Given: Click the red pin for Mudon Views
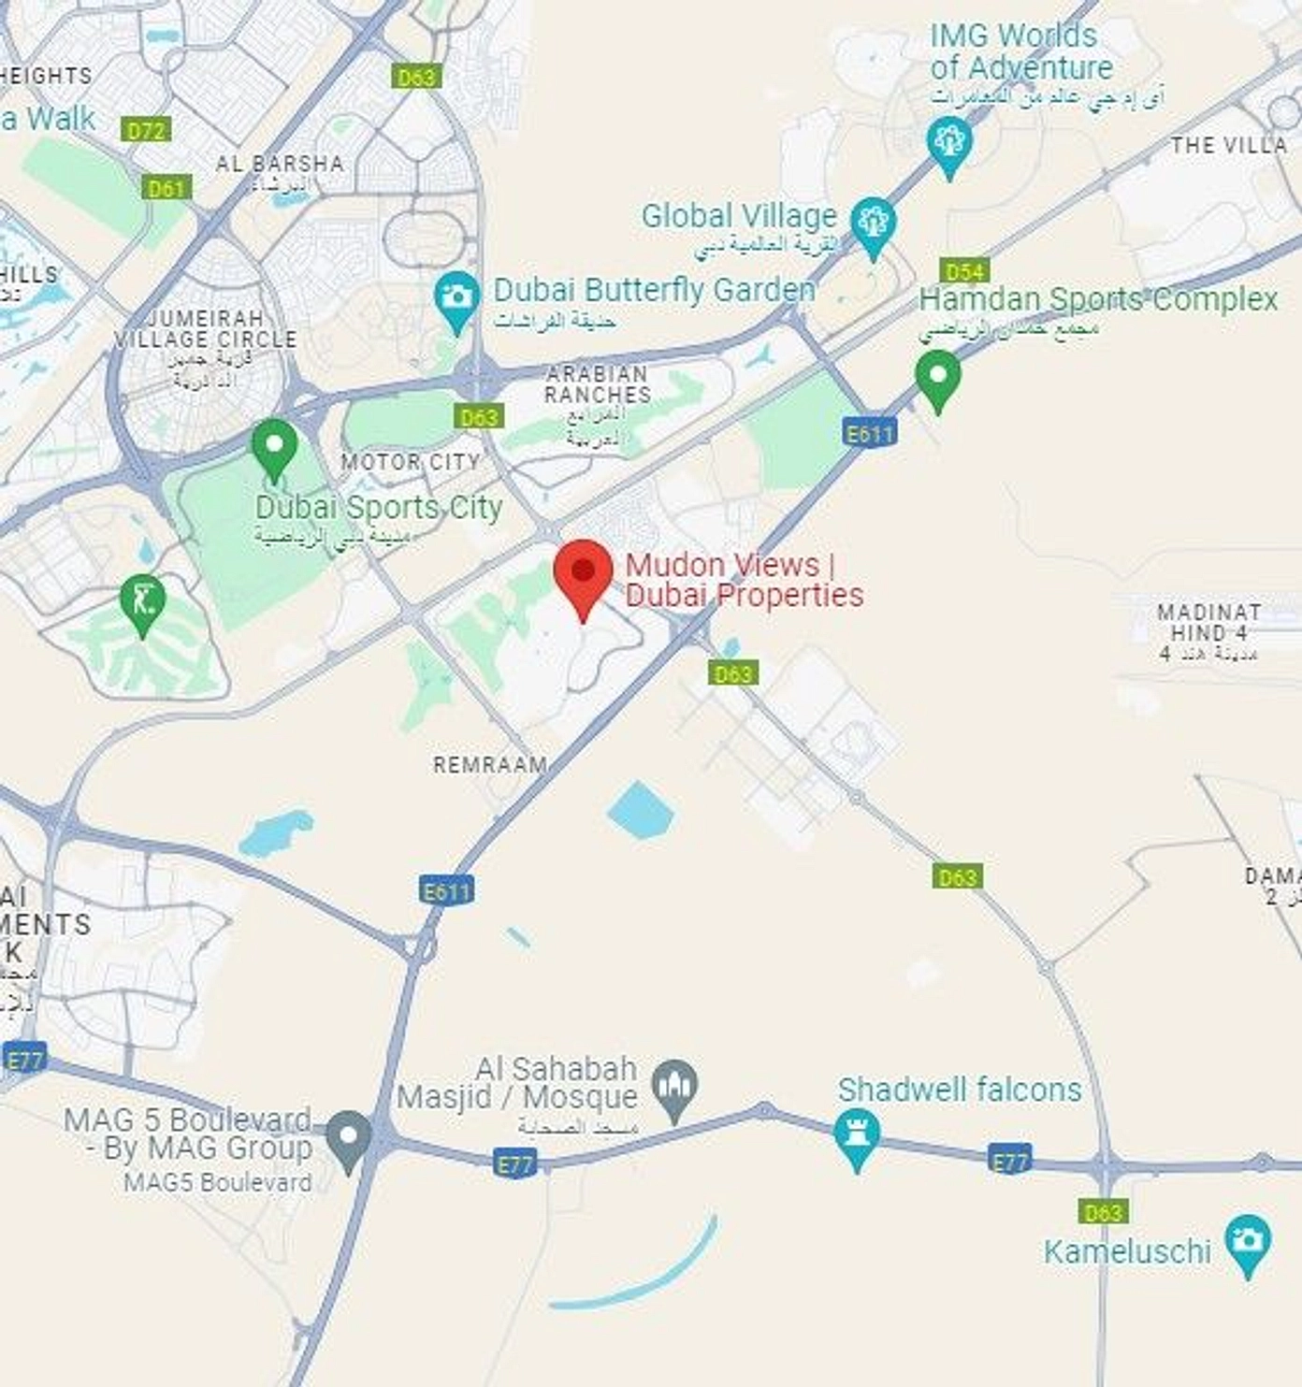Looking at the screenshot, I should click(x=583, y=571).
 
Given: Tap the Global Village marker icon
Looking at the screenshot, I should click(x=873, y=224).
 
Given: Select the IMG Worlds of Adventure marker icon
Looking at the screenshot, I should click(x=949, y=143).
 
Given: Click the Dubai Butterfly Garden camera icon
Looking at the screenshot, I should click(x=456, y=297).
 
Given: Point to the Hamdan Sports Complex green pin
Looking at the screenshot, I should click(x=937, y=377).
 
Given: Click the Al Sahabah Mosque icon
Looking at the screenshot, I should click(x=674, y=1087).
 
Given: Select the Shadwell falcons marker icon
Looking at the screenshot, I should click(x=856, y=1134).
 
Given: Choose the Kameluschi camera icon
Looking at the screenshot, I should click(x=1247, y=1241).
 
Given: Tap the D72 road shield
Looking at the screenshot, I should click(x=146, y=130).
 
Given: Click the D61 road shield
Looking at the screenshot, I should click(x=166, y=189).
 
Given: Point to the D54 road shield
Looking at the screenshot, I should click(x=964, y=271).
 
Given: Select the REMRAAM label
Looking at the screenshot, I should click(x=490, y=765).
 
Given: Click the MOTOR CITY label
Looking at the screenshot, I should click(x=411, y=462).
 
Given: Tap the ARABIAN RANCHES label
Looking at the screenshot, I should click(x=598, y=384).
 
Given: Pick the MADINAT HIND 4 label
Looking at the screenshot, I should click(x=1208, y=622).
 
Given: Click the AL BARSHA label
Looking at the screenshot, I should click(x=280, y=164).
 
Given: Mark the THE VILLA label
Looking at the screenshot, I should click(x=1228, y=145).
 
